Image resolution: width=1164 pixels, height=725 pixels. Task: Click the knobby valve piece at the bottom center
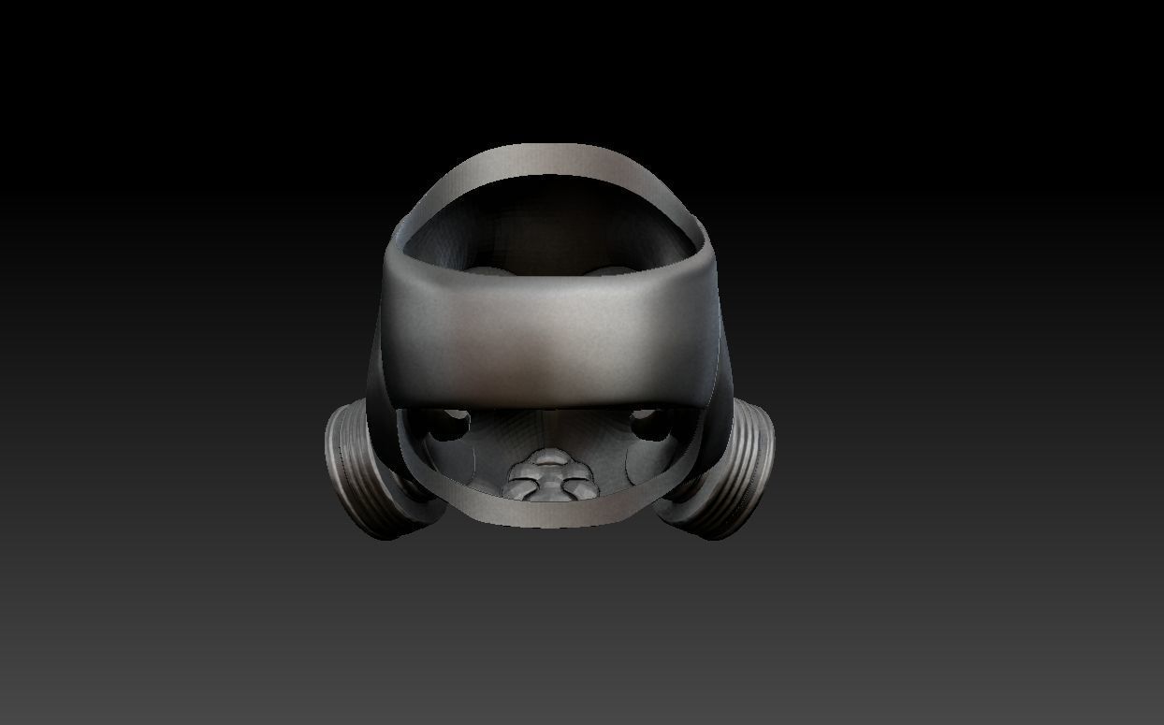coord(549,476)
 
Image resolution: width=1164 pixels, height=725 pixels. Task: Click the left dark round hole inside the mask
coord(456,426)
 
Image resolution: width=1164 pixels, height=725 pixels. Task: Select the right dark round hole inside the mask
coord(645,424)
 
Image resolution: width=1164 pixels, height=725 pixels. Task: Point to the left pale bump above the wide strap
coord(487,272)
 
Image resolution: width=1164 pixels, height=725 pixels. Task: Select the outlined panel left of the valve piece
coord(468,468)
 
